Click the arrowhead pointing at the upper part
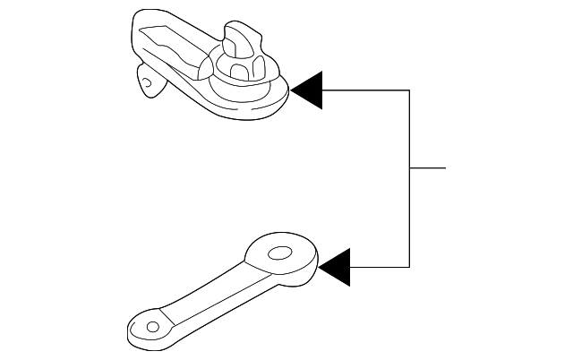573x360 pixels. (x=307, y=90)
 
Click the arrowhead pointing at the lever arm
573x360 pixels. (x=334, y=267)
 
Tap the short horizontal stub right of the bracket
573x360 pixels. (x=428, y=167)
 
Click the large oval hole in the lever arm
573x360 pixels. (x=280, y=253)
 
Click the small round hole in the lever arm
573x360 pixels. (x=151, y=327)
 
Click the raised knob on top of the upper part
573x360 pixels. (x=237, y=39)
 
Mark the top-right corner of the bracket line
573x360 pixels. (x=410, y=90)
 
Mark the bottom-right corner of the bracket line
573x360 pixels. (x=410, y=267)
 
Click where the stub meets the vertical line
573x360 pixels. (x=410, y=167)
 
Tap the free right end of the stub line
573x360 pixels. (x=444, y=167)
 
